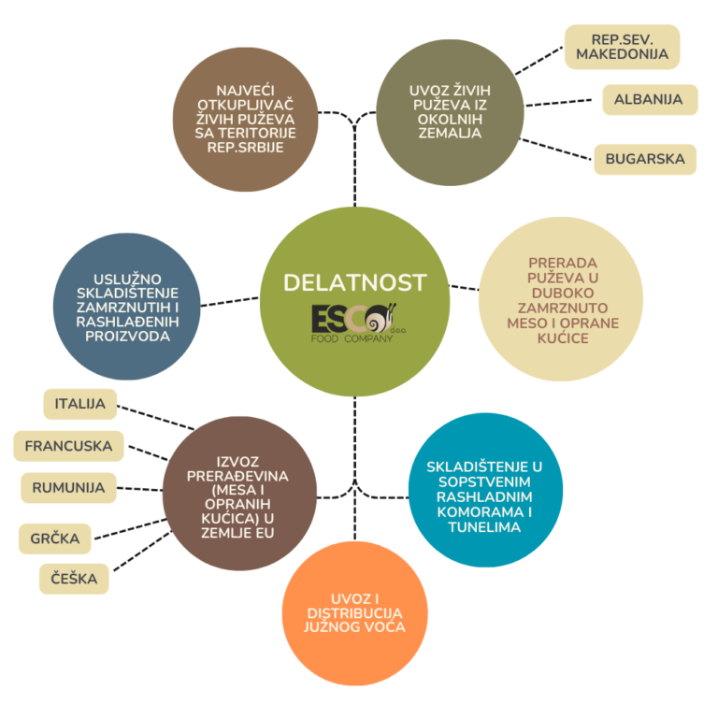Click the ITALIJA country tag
pyautogui.click(x=79, y=405)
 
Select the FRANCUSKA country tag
pyautogui.click(x=68, y=446)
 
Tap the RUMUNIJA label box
pyautogui.click(x=68, y=487)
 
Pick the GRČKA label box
pyautogui.click(x=54, y=538)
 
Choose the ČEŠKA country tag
pyautogui.click(x=74, y=578)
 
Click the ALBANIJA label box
pyautogui.click(x=649, y=99)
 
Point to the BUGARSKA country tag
pyautogui.click(x=644, y=159)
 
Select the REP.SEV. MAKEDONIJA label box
pyautogui.click(x=622, y=47)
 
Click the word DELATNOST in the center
pyautogui.click(x=354, y=282)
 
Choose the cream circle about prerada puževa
pyautogui.click(x=561, y=299)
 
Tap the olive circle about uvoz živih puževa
pyautogui.click(x=448, y=111)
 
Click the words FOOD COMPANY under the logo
pyautogui.click(x=352, y=337)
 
